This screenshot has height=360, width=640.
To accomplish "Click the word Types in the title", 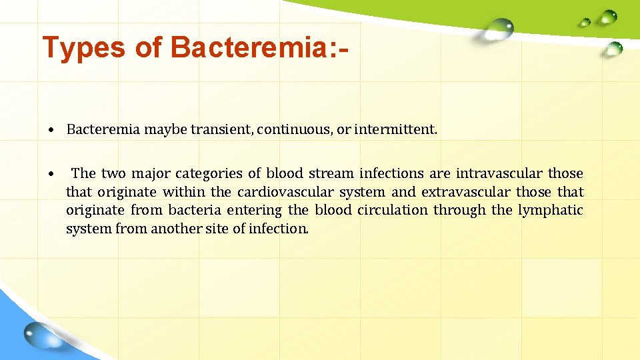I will (x=83, y=48).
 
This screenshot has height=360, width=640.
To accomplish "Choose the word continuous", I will (x=294, y=129).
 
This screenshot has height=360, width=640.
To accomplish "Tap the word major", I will (x=151, y=174).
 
